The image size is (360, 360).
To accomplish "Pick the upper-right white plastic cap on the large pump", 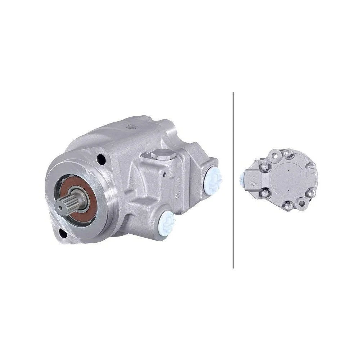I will point(213,178).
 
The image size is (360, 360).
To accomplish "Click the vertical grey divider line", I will point(233,180).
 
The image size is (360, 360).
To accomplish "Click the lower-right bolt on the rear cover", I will point(310,195).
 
